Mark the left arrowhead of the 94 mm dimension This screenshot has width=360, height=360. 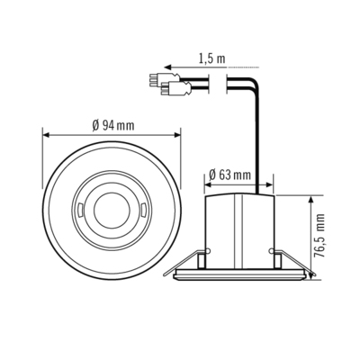pos(46,136)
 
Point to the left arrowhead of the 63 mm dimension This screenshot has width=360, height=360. pos(208,187)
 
